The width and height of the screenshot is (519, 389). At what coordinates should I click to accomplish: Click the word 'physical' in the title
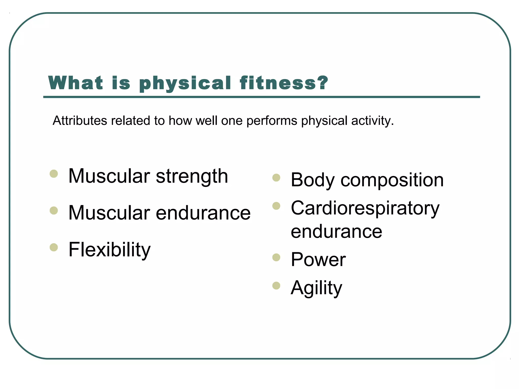185,84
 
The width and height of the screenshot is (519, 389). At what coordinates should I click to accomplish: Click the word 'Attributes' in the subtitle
80,121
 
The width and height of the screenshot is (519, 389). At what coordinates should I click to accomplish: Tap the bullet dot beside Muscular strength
54,174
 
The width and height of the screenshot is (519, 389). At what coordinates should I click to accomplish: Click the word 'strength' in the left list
192,177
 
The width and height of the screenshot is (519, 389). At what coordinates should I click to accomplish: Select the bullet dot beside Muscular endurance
54,210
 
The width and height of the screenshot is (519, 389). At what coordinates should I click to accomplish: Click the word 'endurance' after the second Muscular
203,213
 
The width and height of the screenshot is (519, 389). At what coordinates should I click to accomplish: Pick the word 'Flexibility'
109,250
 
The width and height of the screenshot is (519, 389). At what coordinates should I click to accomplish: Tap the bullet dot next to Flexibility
54,247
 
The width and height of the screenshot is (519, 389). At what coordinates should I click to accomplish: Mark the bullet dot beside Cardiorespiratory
276,206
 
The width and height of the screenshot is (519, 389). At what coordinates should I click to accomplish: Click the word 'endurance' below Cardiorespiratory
336,231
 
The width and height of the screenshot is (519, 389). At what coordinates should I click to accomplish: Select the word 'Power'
318,260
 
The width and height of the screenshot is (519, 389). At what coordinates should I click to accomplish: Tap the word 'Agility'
316,288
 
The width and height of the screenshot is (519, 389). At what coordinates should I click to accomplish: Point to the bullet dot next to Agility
276,286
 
